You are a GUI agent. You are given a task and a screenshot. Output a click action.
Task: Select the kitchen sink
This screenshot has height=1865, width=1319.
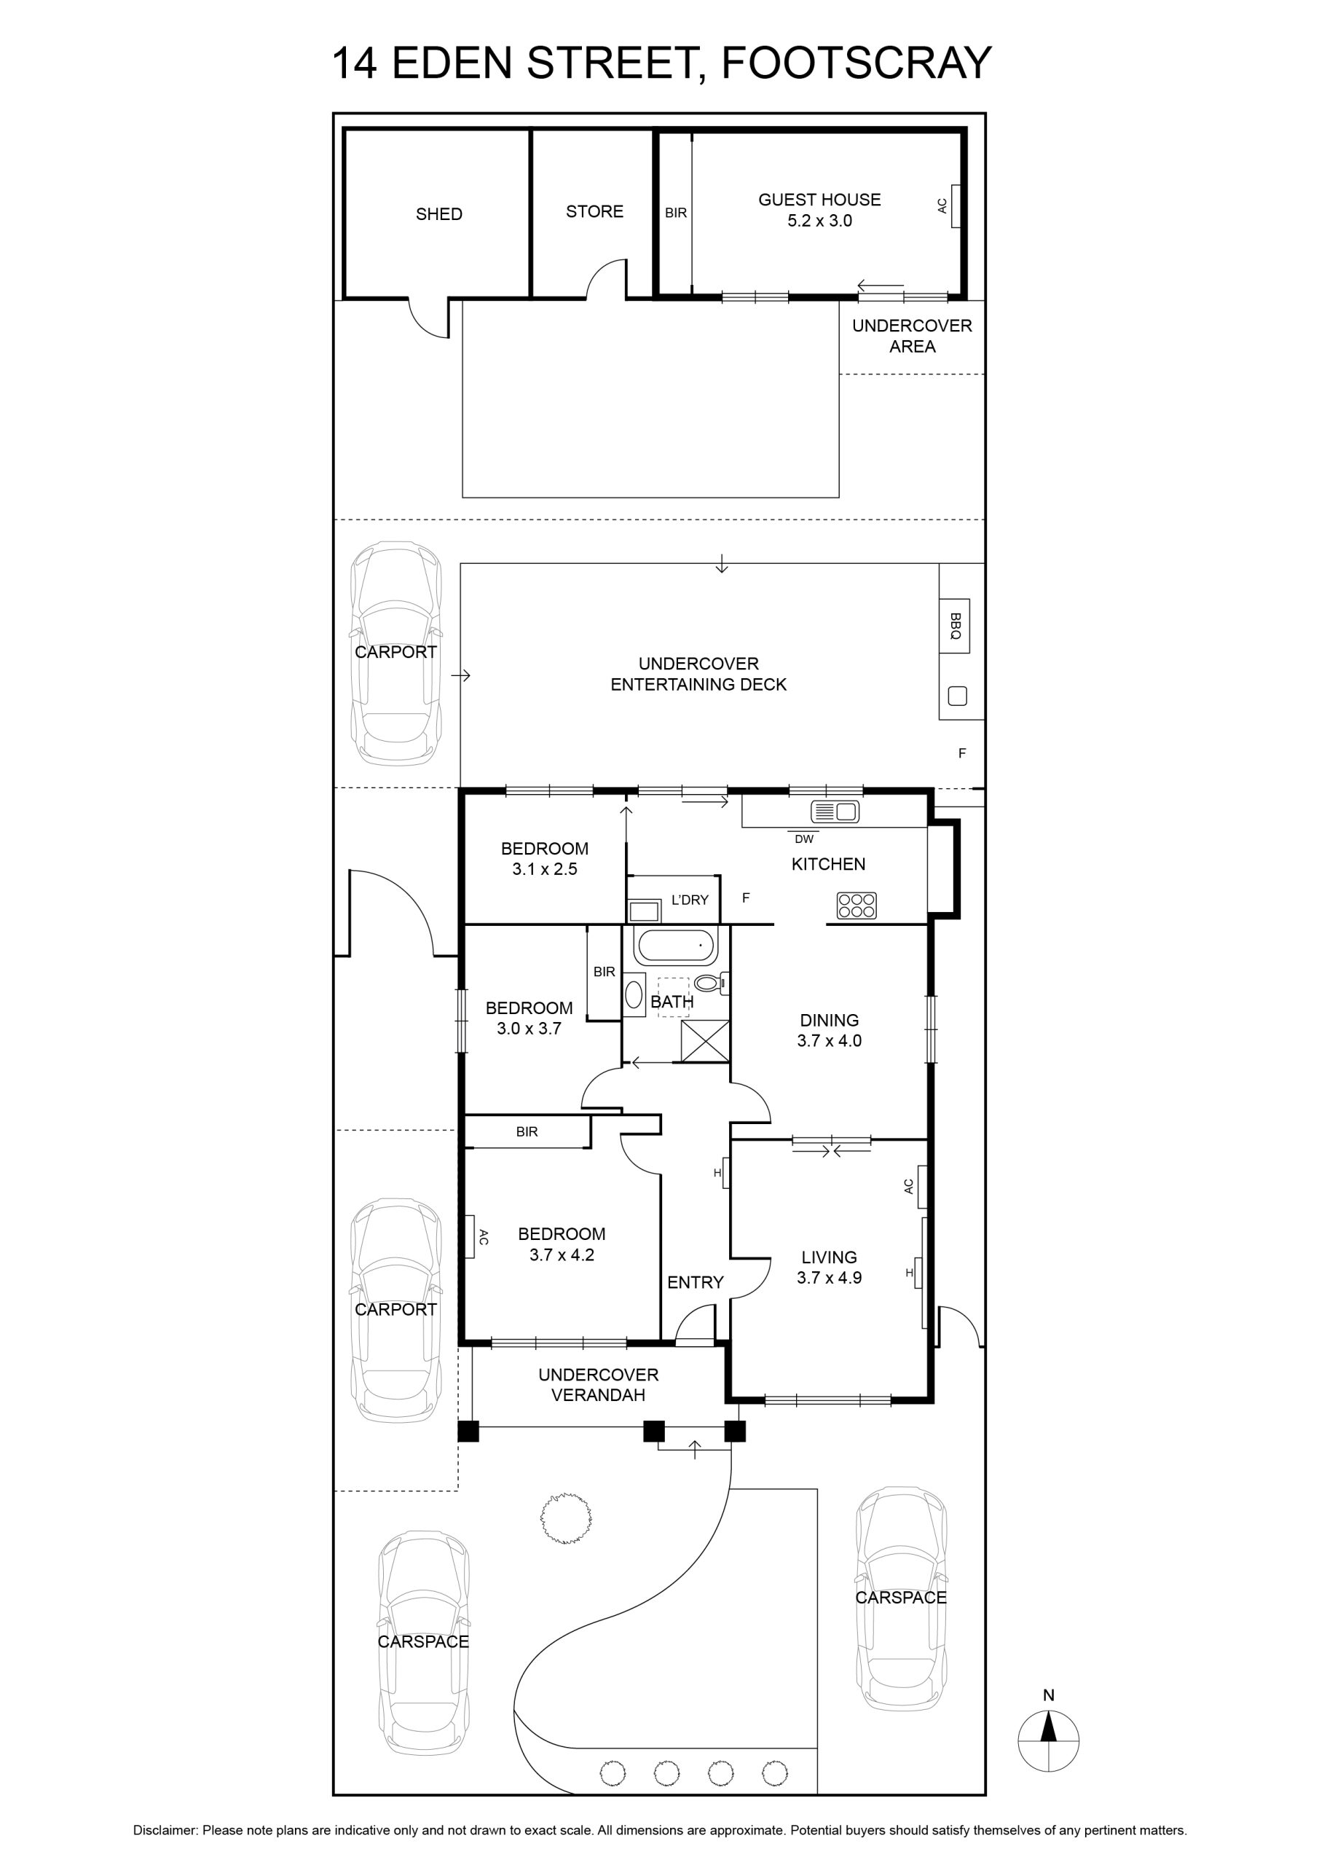coord(835,811)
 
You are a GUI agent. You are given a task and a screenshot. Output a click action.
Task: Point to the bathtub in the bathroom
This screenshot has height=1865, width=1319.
coord(677,947)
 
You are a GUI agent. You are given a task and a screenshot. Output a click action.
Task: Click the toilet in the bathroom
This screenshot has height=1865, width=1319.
coord(712,983)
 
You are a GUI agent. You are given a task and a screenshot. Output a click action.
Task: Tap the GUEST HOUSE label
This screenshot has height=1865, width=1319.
coord(819,200)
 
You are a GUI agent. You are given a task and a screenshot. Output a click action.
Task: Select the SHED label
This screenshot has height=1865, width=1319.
coord(438,214)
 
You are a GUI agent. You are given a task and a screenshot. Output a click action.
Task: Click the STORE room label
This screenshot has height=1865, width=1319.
coord(594,212)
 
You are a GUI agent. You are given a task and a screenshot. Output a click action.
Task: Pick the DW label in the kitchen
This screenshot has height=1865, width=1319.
coord(804,839)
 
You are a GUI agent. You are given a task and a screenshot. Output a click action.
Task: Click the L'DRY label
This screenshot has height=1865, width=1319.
coord(690,900)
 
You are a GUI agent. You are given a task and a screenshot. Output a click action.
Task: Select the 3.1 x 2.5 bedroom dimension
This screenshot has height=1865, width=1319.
coord(544,869)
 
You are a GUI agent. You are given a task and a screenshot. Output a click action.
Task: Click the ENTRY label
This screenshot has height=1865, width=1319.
coord(696,1283)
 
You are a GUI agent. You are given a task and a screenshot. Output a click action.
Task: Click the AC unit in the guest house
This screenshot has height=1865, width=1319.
coord(956,206)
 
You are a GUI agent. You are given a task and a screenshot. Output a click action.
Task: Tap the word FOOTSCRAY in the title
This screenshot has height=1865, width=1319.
coord(856,63)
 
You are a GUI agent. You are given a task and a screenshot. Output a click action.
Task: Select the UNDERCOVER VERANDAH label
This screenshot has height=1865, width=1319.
coord(599,1385)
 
